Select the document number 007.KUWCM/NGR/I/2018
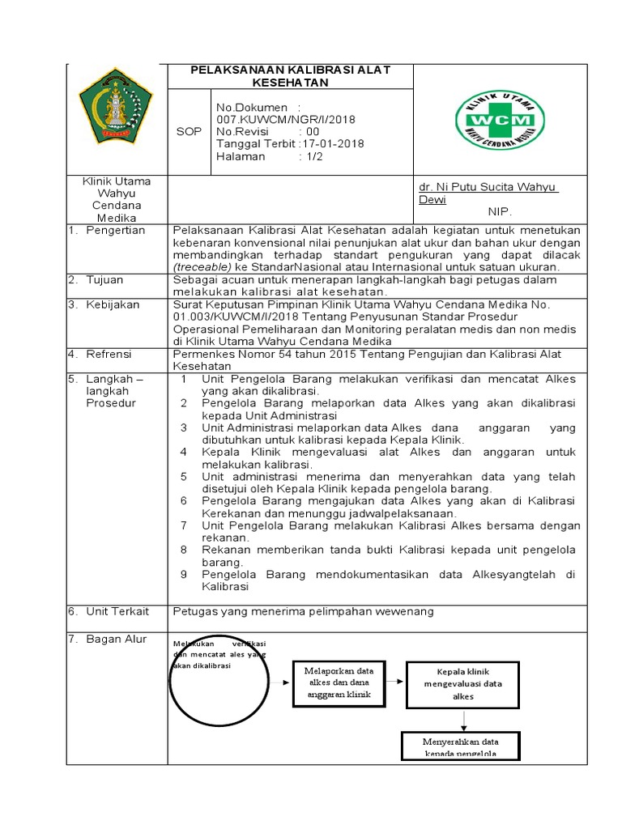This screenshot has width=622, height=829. [285, 119]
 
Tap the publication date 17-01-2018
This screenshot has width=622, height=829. [333, 144]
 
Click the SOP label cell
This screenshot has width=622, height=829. [189, 131]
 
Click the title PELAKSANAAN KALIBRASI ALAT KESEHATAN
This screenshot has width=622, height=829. [290, 76]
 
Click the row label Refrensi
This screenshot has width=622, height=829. [112, 355]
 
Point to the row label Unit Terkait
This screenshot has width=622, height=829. [118, 612]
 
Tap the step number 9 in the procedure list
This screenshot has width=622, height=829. [184, 575]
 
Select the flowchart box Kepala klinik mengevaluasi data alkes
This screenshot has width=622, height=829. [462, 683]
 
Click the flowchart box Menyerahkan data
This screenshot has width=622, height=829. [461, 746]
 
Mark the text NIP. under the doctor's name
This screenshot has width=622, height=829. [500, 211]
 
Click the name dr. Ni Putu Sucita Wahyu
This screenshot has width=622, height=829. [489, 187]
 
